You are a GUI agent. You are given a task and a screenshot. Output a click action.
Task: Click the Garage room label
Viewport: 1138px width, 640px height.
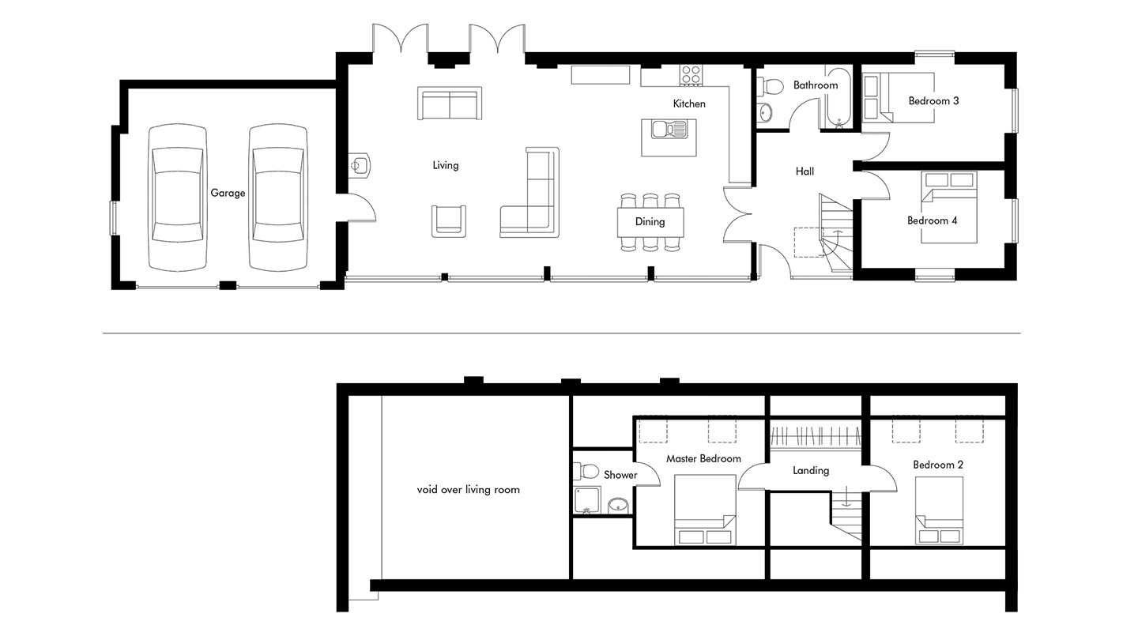coord(228,193)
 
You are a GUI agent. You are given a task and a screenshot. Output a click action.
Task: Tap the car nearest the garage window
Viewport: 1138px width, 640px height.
coord(178,197)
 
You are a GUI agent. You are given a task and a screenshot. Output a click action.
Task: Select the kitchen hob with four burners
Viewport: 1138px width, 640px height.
coord(691,74)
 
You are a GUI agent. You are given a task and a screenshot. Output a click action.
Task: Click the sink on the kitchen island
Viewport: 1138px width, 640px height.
coord(669,130)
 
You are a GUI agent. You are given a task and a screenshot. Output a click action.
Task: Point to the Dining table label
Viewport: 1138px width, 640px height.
coord(650,222)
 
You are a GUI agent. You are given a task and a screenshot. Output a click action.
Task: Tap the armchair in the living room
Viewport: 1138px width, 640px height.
coord(449,221)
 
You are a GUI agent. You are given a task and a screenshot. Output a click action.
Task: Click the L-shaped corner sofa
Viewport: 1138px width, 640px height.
coord(529,193)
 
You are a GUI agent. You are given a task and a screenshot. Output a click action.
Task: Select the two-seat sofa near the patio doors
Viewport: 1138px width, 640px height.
coord(450,104)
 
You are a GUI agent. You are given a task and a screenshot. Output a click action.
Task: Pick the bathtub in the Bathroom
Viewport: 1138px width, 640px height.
coord(837,97)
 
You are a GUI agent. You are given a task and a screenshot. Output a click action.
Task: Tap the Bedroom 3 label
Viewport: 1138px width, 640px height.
coord(934,101)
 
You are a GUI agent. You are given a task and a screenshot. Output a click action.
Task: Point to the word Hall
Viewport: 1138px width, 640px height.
coord(805,171)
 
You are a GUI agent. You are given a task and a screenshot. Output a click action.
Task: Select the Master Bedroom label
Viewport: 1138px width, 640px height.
coord(703,458)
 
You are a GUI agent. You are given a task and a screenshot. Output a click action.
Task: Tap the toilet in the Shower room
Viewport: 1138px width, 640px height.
coord(586,471)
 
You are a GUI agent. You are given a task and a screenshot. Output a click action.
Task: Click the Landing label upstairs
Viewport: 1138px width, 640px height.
coord(811,471)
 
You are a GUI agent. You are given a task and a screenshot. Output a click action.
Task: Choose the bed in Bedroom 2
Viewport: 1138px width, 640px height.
coord(939,510)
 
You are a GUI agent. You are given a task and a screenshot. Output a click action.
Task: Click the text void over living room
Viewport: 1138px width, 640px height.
coord(469,490)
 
